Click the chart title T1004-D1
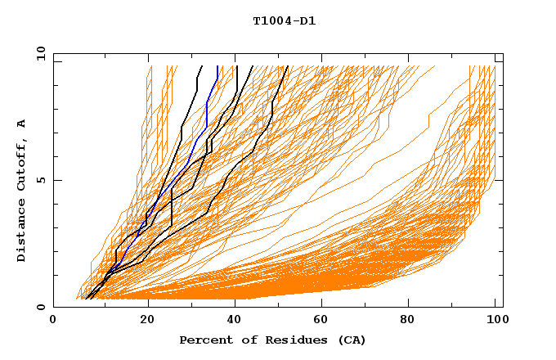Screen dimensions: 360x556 tap(284, 21)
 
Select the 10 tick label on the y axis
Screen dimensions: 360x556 tap(39, 53)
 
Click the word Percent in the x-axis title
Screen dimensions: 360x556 tap(203, 340)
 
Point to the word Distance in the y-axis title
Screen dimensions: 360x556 tap(22, 228)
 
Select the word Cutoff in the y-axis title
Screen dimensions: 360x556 tap(22, 162)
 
